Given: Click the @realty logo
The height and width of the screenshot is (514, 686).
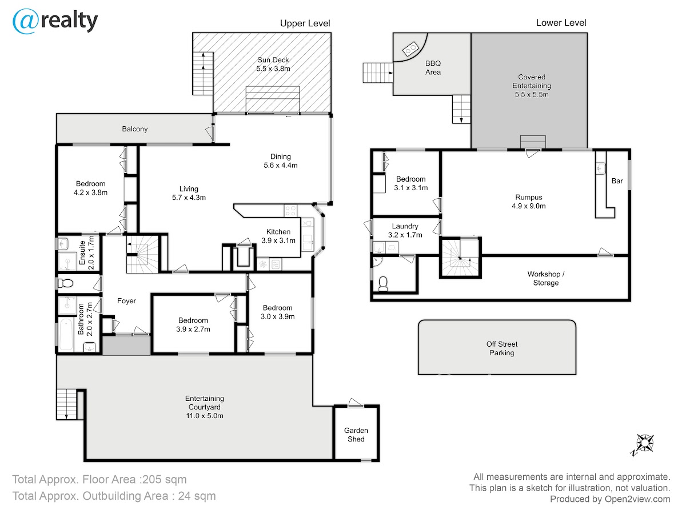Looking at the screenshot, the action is tap(55, 21).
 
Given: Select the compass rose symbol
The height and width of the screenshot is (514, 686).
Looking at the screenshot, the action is tap(643, 445).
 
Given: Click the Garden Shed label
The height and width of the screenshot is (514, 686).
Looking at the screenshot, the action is tap(356, 435).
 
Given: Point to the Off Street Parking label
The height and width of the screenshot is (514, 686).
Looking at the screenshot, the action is tap(501, 348).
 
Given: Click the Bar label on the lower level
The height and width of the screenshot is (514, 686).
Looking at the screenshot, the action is tap(617, 181).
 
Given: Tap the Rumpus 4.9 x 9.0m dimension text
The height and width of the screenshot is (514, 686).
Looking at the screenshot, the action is tap(528, 206).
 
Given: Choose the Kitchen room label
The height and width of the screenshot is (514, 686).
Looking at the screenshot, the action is tap(278, 231).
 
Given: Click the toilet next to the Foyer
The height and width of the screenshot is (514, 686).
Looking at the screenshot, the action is tap(66, 283).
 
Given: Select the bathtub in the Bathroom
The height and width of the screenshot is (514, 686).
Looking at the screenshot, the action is tap(66, 334).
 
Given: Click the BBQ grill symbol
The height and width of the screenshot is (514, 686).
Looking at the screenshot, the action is tap(410, 49).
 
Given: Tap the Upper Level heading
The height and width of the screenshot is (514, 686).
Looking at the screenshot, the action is tap(305, 23).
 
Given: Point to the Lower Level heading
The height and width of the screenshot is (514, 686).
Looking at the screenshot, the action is tap(561, 23).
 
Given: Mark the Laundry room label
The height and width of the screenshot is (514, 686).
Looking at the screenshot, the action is tap(405, 226).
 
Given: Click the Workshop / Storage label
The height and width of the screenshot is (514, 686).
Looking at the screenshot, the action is tap(546, 278).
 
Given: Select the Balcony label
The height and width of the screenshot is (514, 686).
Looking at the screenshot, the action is tap(135, 129).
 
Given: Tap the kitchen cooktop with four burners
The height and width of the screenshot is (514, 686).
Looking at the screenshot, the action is tap(290, 210).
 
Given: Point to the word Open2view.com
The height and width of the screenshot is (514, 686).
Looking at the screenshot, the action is tap(637, 499).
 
